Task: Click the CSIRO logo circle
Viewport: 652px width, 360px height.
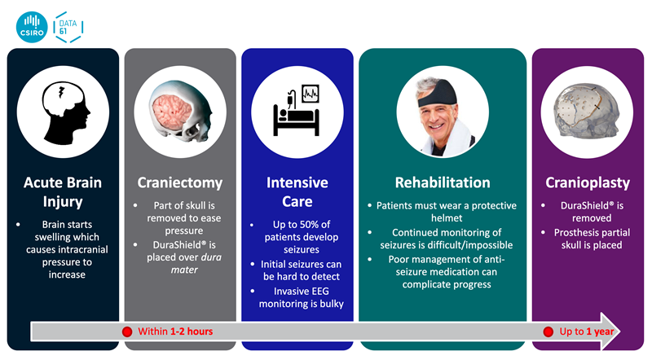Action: [32, 27]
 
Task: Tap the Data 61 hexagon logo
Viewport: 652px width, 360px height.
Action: [68, 27]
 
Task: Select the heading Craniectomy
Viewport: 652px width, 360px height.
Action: [180, 183]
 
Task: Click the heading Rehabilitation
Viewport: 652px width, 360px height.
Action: [443, 182]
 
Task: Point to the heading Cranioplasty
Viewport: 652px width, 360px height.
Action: [588, 183]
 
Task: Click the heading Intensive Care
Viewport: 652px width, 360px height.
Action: [297, 192]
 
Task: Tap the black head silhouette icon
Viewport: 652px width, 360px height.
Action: [66, 112]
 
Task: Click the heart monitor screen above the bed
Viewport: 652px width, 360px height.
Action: [311, 94]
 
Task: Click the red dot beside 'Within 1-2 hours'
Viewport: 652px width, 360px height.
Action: [127, 331]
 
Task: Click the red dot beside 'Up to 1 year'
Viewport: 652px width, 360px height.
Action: [548, 331]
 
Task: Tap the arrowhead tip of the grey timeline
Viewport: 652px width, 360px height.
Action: [620, 331]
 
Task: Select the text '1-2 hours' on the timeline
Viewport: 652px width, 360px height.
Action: [192, 331]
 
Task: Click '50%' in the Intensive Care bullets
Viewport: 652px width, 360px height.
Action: [310, 225]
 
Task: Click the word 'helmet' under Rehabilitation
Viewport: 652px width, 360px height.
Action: [447, 217]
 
